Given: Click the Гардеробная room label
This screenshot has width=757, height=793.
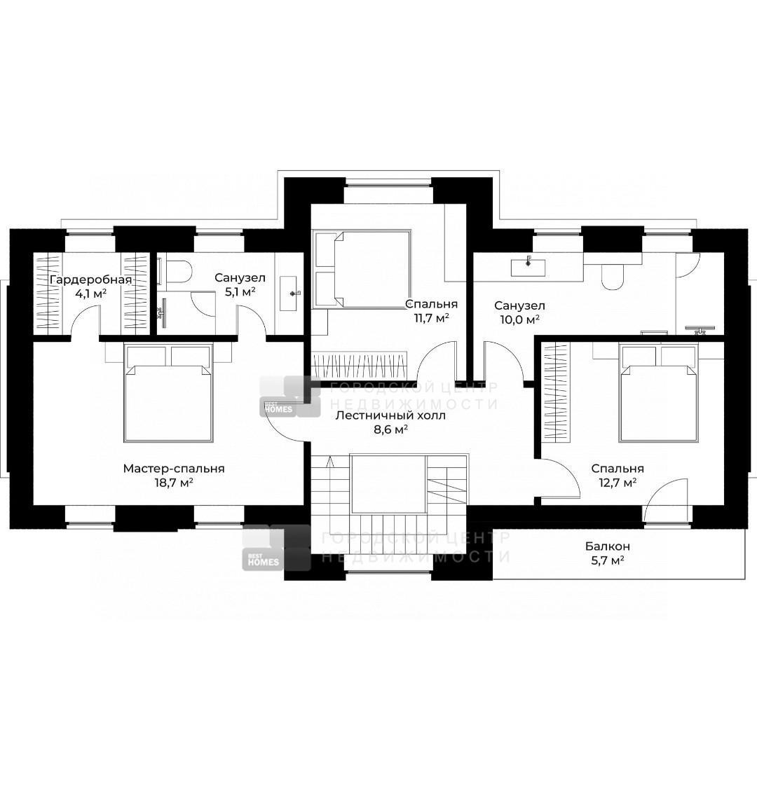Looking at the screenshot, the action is (x=91, y=280).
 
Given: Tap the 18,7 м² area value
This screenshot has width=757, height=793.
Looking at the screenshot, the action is (x=174, y=483).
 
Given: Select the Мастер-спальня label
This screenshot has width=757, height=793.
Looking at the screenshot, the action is (x=174, y=469).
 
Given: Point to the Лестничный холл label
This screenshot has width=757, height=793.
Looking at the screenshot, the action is (x=390, y=415).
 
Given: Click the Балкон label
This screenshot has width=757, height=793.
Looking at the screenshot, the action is (x=607, y=546).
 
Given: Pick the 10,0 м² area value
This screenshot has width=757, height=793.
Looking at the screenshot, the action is (x=519, y=319).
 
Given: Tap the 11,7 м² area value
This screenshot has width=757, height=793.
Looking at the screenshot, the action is (x=432, y=317).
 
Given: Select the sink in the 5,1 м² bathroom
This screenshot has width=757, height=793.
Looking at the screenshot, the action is (x=292, y=293).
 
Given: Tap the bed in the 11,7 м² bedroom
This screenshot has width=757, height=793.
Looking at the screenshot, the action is (x=362, y=269).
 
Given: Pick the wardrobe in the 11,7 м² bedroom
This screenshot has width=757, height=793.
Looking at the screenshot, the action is (x=360, y=366).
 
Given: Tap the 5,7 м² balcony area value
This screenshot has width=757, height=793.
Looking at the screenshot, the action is (x=607, y=560).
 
